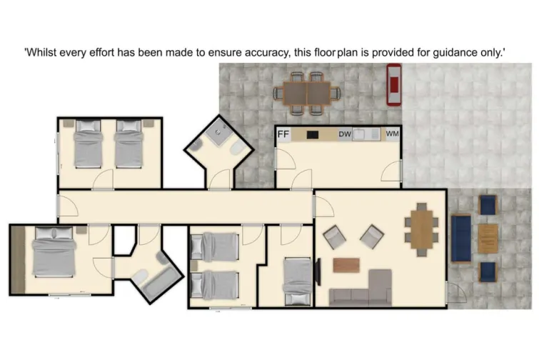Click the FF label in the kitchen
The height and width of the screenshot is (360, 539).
coord(283,134)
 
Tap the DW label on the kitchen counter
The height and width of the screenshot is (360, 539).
coord(344,134)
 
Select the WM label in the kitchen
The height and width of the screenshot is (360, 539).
coord(391,134)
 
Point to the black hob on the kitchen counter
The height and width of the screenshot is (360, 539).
coord(312,134)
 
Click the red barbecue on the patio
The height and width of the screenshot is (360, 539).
coord(393,84)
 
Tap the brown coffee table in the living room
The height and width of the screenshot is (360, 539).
coord(347,264)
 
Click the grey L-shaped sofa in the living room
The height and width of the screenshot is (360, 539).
coord(364,289)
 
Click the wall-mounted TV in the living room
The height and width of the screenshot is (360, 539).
coord(318,271)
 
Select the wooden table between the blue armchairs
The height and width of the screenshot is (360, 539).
coord(488,239)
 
